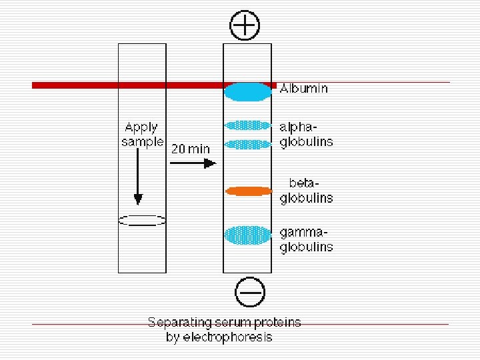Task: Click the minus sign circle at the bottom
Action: click(x=250, y=292)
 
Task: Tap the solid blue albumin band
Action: click(x=247, y=92)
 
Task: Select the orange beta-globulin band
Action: click(x=249, y=191)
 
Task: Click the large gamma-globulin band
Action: click(x=248, y=235)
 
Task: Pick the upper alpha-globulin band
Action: click(x=248, y=125)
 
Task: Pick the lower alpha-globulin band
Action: click(x=248, y=144)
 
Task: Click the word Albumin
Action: click(x=303, y=88)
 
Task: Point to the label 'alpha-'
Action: click(x=298, y=127)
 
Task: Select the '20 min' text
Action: click(x=190, y=149)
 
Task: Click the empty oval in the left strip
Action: click(x=141, y=219)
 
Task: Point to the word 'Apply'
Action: click(x=141, y=127)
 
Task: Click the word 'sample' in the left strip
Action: click(x=142, y=142)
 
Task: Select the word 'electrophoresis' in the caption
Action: click(x=228, y=337)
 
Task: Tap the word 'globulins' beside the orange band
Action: click(x=306, y=198)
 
